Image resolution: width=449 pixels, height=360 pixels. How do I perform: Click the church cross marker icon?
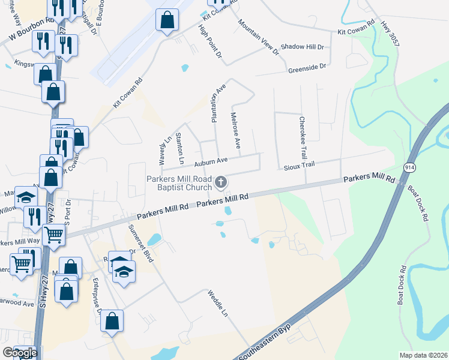point(221,182)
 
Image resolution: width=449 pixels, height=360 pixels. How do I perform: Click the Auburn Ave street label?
point(210,161)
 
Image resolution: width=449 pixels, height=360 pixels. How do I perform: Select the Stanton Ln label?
point(179,149)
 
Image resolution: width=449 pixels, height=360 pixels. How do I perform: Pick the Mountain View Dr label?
point(259,37)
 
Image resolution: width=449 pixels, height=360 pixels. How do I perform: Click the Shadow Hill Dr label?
point(302,47)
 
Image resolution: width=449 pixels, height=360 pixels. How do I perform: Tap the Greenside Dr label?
point(307,67)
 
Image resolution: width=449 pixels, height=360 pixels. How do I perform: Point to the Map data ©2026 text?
point(423,355)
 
